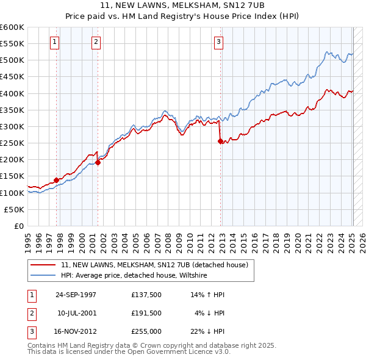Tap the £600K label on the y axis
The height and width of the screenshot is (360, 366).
point(12,27)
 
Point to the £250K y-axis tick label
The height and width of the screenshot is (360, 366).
point(12,143)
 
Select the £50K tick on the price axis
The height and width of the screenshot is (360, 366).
point(15,209)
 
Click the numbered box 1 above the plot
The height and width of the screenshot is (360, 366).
point(55,41)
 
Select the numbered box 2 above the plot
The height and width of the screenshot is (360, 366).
point(96,41)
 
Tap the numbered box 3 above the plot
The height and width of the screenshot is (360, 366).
point(218,41)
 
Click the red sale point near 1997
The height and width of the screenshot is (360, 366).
point(56,180)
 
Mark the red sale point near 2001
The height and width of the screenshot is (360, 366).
point(98,162)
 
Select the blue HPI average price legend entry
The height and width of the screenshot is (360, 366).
point(134,276)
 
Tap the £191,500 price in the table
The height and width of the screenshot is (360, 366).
point(146,312)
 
